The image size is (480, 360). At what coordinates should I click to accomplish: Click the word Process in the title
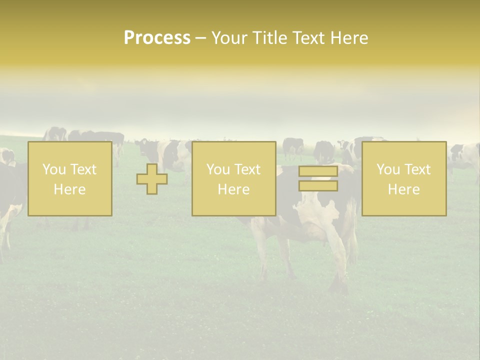tap(157, 38)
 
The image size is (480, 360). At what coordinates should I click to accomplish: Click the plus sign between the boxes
tap(152, 179)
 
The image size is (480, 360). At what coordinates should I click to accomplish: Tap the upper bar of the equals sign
tap(318, 171)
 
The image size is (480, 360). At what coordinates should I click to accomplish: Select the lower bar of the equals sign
tap(318, 186)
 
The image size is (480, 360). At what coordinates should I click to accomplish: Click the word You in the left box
tap(53, 169)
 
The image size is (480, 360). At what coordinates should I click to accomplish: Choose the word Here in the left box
tap(69, 189)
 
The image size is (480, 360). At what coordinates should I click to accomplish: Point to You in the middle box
tap(217, 169)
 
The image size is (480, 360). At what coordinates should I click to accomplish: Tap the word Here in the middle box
tap(233, 189)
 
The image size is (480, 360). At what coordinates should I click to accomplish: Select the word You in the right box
tap(387, 169)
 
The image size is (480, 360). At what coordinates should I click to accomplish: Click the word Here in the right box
tap(403, 189)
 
